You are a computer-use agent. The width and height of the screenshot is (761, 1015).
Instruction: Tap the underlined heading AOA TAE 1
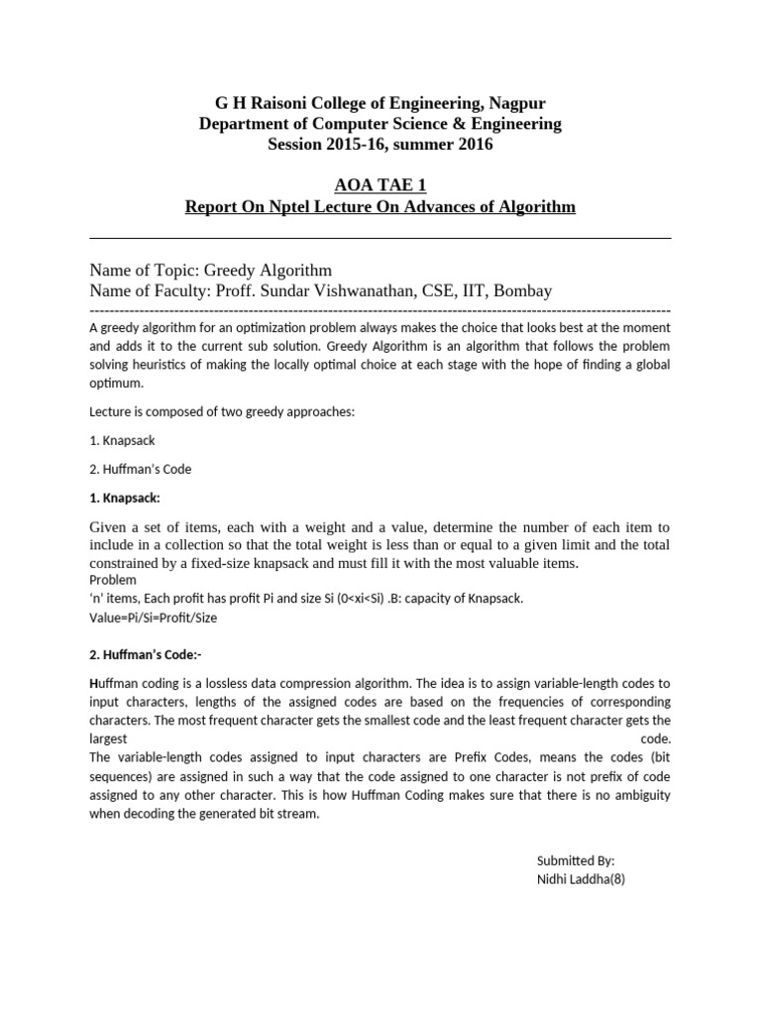pos(380,185)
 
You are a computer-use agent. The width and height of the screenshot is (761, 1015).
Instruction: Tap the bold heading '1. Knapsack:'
pos(124,497)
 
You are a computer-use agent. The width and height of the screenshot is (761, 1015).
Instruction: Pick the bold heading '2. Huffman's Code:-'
pos(145,654)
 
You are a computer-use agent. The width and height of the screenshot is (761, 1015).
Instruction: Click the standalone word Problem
pos(113,580)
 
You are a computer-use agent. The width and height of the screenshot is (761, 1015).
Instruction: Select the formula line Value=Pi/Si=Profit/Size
pos(153,617)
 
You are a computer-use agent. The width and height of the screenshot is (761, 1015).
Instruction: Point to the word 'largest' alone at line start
pos(108,738)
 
